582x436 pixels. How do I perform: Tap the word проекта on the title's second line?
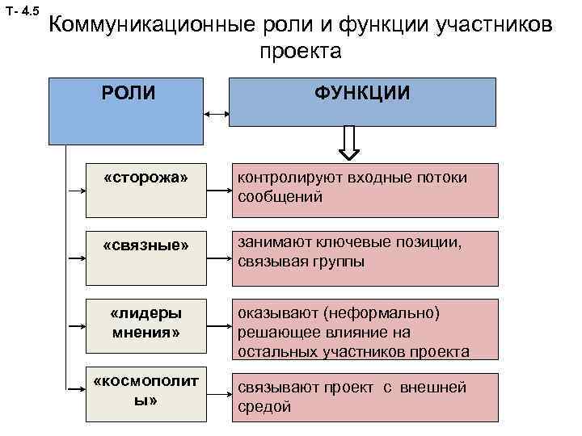pyautogui.click(x=301, y=52)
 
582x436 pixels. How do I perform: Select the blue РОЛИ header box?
pyautogui.click(x=125, y=109)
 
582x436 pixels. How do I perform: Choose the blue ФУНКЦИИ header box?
pyautogui.click(x=363, y=102)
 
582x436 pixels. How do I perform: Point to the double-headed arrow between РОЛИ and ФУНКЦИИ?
pyautogui.click(x=217, y=114)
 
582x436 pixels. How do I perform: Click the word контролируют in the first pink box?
pyautogui.click(x=287, y=178)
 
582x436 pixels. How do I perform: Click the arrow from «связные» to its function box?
pyautogui.click(x=219, y=258)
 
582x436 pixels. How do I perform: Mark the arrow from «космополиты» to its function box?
pyautogui.click(x=219, y=396)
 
